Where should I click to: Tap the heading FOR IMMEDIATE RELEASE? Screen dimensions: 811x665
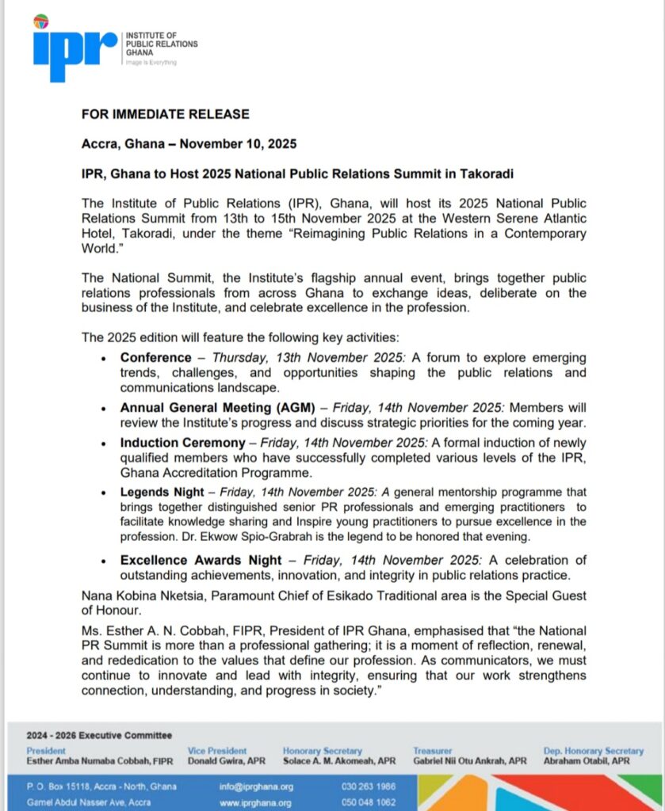click(x=165, y=114)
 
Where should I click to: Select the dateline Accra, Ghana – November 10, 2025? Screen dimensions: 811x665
click(x=189, y=143)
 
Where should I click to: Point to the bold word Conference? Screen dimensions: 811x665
click(x=156, y=358)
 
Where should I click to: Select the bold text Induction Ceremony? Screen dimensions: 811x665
click(x=183, y=444)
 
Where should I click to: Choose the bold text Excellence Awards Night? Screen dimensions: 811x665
click(x=201, y=561)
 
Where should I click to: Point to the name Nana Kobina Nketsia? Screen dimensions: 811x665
click(x=136, y=596)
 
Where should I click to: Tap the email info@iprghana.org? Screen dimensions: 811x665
click(x=256, y=786)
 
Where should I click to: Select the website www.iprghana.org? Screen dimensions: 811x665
click(x=256, y=802)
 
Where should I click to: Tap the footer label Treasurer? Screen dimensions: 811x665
click(x=432, y=751)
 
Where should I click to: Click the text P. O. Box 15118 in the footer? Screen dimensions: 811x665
click(x=56, y=786)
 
